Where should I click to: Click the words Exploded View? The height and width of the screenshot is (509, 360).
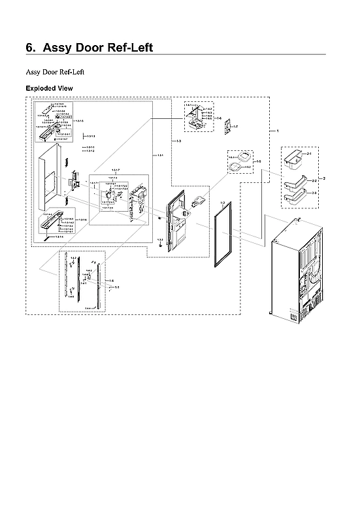(49, 88)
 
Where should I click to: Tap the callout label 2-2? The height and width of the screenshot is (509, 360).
(314, 180)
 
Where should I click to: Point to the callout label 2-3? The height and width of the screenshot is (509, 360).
(314, 193)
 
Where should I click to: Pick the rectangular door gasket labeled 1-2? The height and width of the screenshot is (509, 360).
(223, 235)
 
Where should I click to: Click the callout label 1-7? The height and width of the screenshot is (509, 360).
(235, 125)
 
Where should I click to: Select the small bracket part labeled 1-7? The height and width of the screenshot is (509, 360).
(226, 129)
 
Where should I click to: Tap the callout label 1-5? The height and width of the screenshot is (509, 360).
(259, 161)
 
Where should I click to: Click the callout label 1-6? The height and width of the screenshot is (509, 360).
(220, 118)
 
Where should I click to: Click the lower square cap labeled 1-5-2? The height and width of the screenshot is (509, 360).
(235, 169)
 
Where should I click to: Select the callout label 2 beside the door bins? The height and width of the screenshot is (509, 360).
(325, 178)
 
